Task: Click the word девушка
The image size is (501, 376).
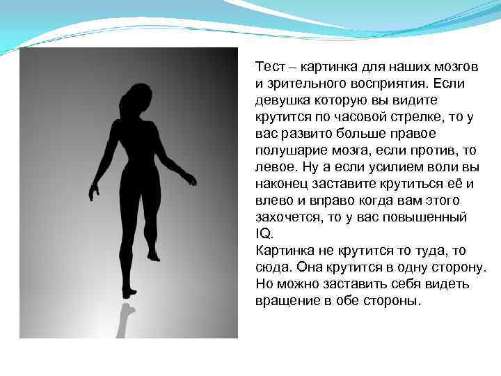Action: (x=282, y=99)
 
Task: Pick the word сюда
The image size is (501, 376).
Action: (x=273, y=267)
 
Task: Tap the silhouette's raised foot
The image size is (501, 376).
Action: (x=154, y=257)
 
